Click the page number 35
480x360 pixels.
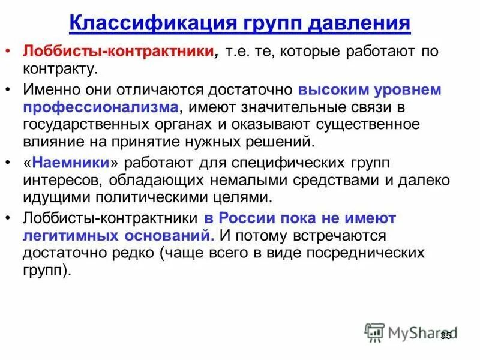pyautogui.click(x=445, y=336)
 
